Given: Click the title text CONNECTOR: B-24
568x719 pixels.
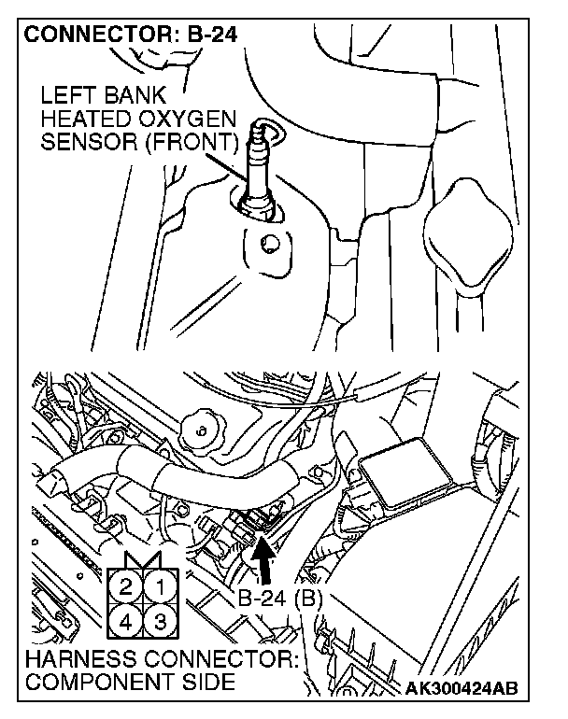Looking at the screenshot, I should pyautogui.click(x=131, y=36).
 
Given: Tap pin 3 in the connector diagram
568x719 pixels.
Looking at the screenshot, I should pyautogui.click(x=160, y=620).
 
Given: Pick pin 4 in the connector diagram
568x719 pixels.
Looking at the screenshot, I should pyautogui.click(x=126, y=620).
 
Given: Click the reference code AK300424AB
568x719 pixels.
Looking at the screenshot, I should pyautogui.click(x=462, y=689).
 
